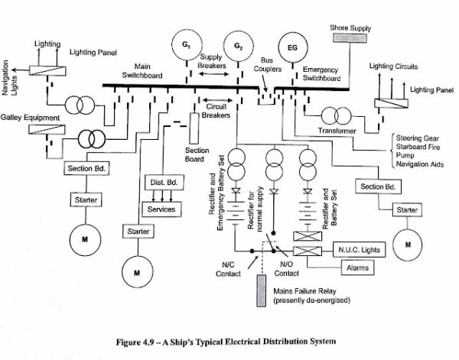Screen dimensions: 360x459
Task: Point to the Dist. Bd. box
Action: point(161,183)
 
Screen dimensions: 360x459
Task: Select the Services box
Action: point(161,209)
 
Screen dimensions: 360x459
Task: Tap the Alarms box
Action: point(355,269)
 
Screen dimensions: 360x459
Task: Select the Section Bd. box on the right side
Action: point(378,187)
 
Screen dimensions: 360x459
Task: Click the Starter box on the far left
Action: point(81,199)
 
